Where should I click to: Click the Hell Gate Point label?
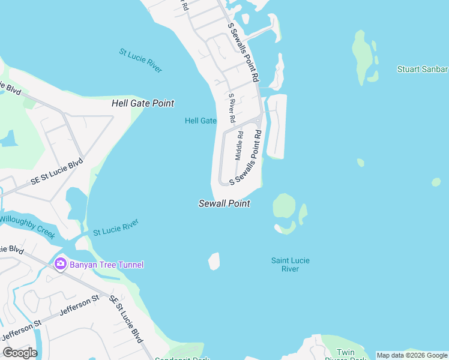pyautogui.click(x=143, y=103)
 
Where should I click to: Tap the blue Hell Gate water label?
pyautogui.click(x=200, y=121)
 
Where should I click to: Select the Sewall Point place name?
pyautogui.click(x=224, y=203)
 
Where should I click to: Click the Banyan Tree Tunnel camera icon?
pyautogui.click(x=60, y=264)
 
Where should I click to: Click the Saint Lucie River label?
pyautogui.click(x=290, y=265)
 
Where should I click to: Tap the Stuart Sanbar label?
pyautogui.click(x=423, y=69)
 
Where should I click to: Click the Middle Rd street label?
pyautogui.click(x=239, y=146)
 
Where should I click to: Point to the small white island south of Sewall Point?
pyautogui.click(x=214, y=261)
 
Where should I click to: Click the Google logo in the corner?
pyautogui.click(x=20, y=353)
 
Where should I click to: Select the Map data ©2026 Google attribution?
pyautogui.click(x=412, y=355)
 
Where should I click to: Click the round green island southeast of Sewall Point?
pyautogui.click(x=285, y=206)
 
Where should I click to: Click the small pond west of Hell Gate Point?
pyautogui.click(x=8, y=139)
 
